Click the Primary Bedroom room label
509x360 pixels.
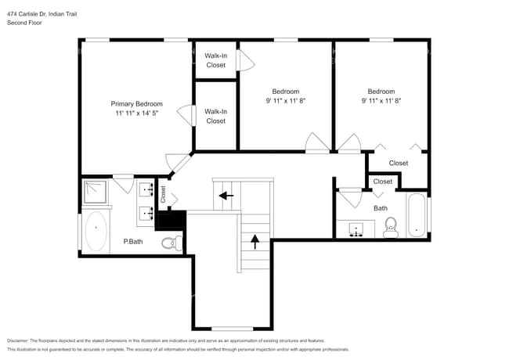(x=136, y=104)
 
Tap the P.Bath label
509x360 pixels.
(x=132, y=242)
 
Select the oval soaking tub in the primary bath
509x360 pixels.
(x=96, y=231)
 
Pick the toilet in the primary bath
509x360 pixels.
(x=172, y=244)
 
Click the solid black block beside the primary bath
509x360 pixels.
(x=170, y=220)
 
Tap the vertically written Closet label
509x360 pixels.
(x=163, y=192)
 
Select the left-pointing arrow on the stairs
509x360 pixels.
(x=226, y=196)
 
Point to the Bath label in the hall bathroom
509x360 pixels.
(x=381, y=208)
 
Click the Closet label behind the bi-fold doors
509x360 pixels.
(x=399, y=163)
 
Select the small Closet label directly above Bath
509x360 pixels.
(x=383, y=182)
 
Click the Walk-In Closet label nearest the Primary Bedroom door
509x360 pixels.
(x=215, y=117)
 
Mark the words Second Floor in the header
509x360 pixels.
(x=24, y=23)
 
